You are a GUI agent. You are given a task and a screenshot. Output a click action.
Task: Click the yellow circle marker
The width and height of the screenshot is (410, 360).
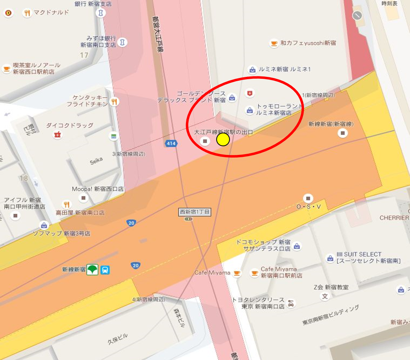tap(223, 140)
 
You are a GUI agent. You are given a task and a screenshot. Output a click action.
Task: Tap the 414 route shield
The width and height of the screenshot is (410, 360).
tap(171, 144)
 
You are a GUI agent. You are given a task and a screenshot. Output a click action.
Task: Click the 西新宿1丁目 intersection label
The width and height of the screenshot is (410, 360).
tap(195, 212)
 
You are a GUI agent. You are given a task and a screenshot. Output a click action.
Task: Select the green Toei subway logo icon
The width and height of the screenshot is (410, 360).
tap(93, 270)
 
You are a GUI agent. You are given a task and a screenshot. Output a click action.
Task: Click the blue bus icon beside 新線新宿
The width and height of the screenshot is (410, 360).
tap(105, 270)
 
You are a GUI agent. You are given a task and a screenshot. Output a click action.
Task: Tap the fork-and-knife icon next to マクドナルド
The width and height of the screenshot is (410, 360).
tap(27, 13)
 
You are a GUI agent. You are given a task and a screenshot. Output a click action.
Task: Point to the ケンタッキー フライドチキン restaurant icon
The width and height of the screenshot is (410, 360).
tap(114, 102)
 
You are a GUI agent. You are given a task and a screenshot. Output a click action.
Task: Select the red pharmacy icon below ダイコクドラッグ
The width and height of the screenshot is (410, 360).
tap(58, 135)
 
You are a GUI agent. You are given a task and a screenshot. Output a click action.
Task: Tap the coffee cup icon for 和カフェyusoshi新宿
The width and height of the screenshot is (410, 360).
tap(274, 44)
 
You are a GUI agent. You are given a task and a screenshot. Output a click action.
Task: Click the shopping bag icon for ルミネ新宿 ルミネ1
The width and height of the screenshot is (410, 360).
tap(253, 70)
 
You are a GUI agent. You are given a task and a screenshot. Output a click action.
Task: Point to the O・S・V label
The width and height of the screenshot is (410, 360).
tap(308, 207)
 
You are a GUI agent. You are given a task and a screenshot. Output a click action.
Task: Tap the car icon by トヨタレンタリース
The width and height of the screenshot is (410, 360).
tap(291, 303)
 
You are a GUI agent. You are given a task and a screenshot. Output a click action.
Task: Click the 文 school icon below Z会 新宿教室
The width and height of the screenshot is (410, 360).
tap(325, 296)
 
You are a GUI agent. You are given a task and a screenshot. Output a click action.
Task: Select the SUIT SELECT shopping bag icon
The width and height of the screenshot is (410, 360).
tap(330, 258)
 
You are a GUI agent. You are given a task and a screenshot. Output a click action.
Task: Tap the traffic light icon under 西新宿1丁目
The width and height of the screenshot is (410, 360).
tap(189, 219)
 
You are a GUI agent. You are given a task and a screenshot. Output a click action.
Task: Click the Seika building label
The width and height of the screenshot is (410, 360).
tap(96, 160)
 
